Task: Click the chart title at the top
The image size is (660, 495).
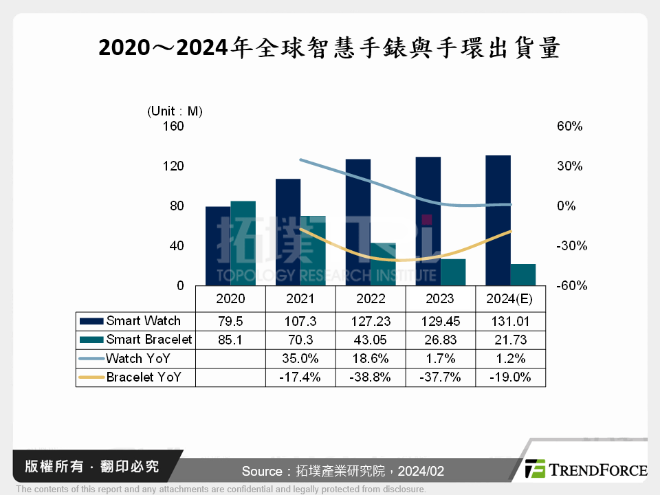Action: click(x=329, y=47)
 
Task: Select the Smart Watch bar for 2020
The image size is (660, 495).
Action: click(x=218, y=245)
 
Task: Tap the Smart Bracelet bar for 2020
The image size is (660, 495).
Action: click(x=243, y=243)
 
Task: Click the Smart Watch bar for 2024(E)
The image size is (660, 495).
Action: click(x=498, y=220)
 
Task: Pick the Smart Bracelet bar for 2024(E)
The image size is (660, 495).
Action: click(x=522, y=274)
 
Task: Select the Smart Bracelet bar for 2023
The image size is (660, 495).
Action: click(x=453, y=272)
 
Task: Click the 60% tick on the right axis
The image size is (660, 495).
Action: click(x=569, y=126)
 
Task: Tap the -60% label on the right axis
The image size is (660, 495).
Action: click(x=571, y=285)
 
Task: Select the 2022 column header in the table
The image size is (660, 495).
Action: click(x=371, y=299)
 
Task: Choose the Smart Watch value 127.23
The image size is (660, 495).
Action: click(x=371, y=321)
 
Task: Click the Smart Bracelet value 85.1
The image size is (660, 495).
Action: click(x=230, y=340)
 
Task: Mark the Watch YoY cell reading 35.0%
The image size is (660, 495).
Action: click(x=300, y=358)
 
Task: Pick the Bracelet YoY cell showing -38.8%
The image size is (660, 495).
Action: click(x=371, y=377)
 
